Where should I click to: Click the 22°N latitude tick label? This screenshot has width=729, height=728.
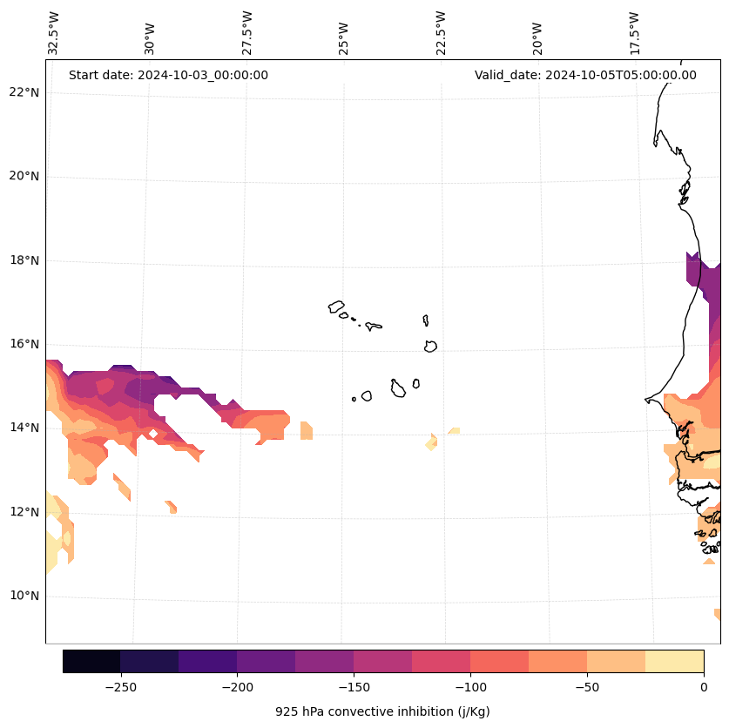tap(23, 92)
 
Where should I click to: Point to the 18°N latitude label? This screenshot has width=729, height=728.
tap(23, 260)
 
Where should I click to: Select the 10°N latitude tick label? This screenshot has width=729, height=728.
tap(23, 597)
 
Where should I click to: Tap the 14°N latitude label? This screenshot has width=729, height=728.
tap(23, 428)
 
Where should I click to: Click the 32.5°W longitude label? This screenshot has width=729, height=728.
tap(54, 33)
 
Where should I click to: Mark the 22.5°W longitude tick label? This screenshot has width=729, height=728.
tap(441, 33)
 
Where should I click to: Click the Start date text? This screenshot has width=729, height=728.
tap(168, 75)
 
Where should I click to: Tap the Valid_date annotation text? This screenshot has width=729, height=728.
tap(585, 75)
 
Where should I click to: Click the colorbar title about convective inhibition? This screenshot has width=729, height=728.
tap(382, 711)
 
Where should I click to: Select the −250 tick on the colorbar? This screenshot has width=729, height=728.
tap(120, 687)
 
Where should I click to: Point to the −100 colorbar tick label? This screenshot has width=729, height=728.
tap(470, 687)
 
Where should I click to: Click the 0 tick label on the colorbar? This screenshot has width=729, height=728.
tap(703, 687)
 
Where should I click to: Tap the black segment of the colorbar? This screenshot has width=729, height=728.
tap(91, 661)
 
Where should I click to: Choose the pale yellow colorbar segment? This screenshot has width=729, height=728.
tap(674, 661)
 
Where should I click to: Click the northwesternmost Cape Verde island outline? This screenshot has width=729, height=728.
tap(336, 307)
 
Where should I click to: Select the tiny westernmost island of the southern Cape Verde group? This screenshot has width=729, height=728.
tap(354, 399)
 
